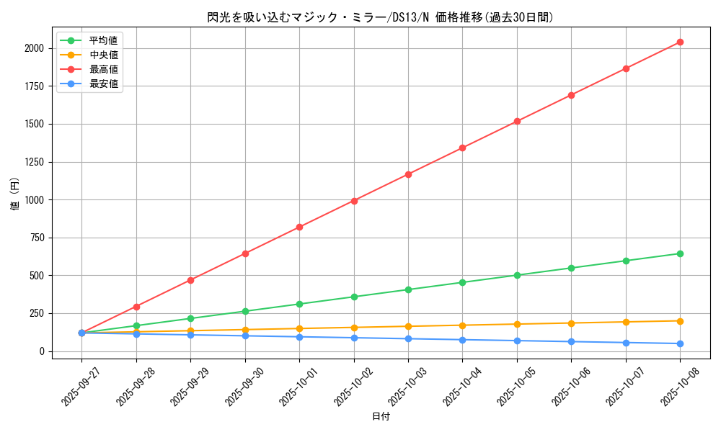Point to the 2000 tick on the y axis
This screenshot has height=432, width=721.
[33, 48]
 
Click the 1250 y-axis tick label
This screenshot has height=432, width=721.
[33, 162]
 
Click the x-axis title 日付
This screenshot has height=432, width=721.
[381, 417]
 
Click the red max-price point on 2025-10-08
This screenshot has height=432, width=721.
[680, 42]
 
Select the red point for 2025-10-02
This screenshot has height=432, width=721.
[354, 201]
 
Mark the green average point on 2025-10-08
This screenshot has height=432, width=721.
[680, 253]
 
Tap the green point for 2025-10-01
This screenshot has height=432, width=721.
[299, 304]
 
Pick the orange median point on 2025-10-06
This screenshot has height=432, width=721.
[571, 323]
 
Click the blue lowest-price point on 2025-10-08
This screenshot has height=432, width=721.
[680, 343]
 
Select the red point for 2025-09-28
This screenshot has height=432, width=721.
[136, 307]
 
